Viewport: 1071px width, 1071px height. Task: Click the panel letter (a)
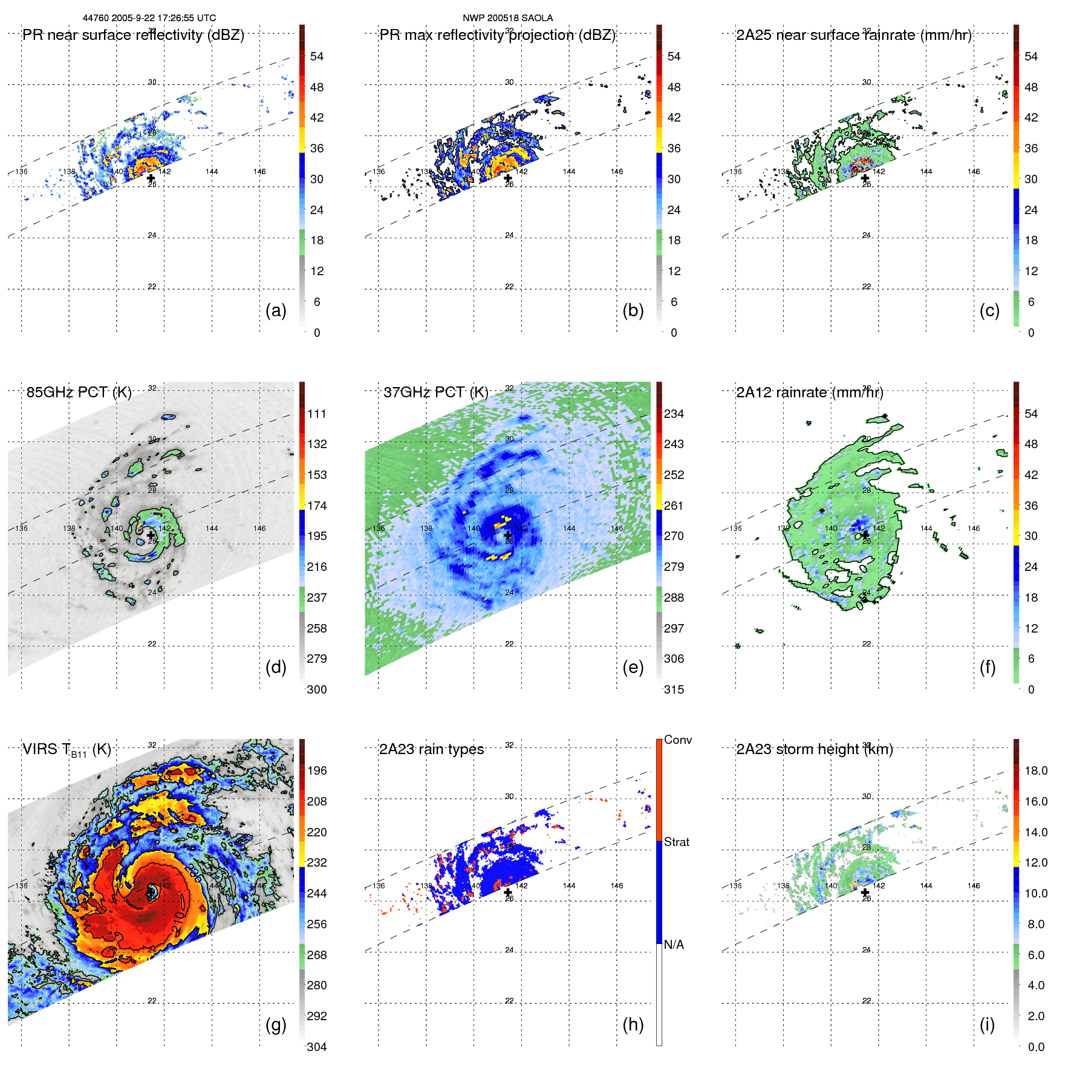coord(276,310)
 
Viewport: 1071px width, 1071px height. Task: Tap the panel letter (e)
coord(633,667)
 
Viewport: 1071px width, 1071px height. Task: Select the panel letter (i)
coord(987,1024)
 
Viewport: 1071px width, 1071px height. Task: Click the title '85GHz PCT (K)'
coord(79,392)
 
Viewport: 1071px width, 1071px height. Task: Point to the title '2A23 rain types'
coord(431,749)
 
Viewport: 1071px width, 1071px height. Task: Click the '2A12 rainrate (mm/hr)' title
coord(809,392)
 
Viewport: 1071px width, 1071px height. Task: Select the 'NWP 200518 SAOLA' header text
coord(507,18)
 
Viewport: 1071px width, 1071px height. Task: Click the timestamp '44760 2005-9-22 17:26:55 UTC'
coord(149,18)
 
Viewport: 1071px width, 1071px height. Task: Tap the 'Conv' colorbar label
coord(677,740)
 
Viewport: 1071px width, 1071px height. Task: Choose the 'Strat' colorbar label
coord(676,842)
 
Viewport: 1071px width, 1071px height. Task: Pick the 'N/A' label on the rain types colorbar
coord(674,945)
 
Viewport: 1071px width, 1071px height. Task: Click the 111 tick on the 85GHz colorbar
coord(317,414)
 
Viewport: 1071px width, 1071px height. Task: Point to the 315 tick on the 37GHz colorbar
coord(674,689)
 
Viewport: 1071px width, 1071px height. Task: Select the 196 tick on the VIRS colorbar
coord(317,770)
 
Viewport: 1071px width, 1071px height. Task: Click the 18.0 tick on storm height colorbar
coord(1035,770)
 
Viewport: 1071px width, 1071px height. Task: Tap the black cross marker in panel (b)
coord(508,178)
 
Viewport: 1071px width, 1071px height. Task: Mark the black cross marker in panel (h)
coord(508,893)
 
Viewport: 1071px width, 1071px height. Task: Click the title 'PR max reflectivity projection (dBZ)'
coord(497,35)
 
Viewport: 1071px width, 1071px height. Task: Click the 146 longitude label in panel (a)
coord(259,172)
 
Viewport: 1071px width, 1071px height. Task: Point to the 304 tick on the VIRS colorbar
coord(317,1047)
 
